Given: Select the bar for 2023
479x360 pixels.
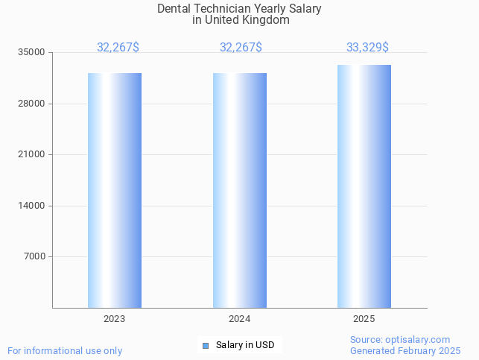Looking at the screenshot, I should point(115,190).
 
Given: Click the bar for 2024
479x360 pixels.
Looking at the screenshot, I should point(240,190).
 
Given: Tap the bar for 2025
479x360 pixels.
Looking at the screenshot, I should point(364,186).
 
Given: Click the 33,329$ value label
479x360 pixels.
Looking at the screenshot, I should point(367,48).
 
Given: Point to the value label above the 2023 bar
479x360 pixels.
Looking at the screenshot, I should point(118,48).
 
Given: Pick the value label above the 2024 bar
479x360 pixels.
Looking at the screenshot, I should point(241,48).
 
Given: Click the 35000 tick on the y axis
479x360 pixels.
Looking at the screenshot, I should point(32,53).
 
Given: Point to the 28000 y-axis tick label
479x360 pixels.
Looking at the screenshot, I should point(32,104).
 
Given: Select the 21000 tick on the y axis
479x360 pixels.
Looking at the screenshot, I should point(32,155).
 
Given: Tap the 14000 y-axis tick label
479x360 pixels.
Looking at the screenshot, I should point(32,206).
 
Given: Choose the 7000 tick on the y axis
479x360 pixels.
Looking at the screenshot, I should point(34,257).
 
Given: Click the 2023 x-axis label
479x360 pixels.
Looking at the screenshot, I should point(115,319).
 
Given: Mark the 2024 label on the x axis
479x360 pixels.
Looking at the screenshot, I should point(240,319).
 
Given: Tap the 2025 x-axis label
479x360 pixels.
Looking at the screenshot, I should point(364,319).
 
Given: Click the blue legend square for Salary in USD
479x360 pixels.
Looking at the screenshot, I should point(206,345).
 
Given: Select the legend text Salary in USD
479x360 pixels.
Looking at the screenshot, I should point(245,345).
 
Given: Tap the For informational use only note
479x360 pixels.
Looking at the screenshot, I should point(65,351).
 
